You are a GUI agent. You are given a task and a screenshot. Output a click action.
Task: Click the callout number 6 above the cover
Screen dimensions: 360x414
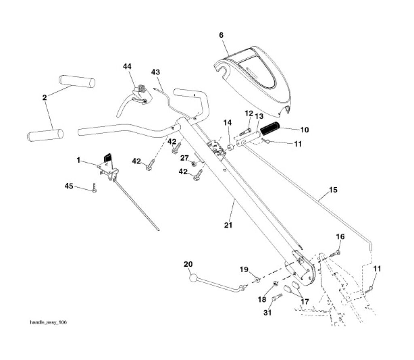[221, 35]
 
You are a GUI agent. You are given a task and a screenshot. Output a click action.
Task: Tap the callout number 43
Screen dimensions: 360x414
[156, 72]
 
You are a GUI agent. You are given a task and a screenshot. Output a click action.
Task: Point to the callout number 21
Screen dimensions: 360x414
[228, 225]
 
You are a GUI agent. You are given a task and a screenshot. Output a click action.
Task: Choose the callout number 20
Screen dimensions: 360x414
[188, 264]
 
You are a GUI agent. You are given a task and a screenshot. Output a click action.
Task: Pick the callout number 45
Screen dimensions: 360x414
[69, 186]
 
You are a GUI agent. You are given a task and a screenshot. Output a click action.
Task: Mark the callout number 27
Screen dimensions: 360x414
[184, 158]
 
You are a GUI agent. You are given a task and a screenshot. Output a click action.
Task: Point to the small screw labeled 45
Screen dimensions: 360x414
[94, 188]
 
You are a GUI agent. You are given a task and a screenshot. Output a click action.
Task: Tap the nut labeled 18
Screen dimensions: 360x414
[275, 284]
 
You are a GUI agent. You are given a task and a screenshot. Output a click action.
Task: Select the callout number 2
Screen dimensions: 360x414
[44, 97]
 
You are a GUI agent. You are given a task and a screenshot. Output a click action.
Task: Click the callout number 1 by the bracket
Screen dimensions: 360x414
[78, 160]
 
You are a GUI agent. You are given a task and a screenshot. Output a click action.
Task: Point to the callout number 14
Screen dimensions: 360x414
[228, 122]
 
